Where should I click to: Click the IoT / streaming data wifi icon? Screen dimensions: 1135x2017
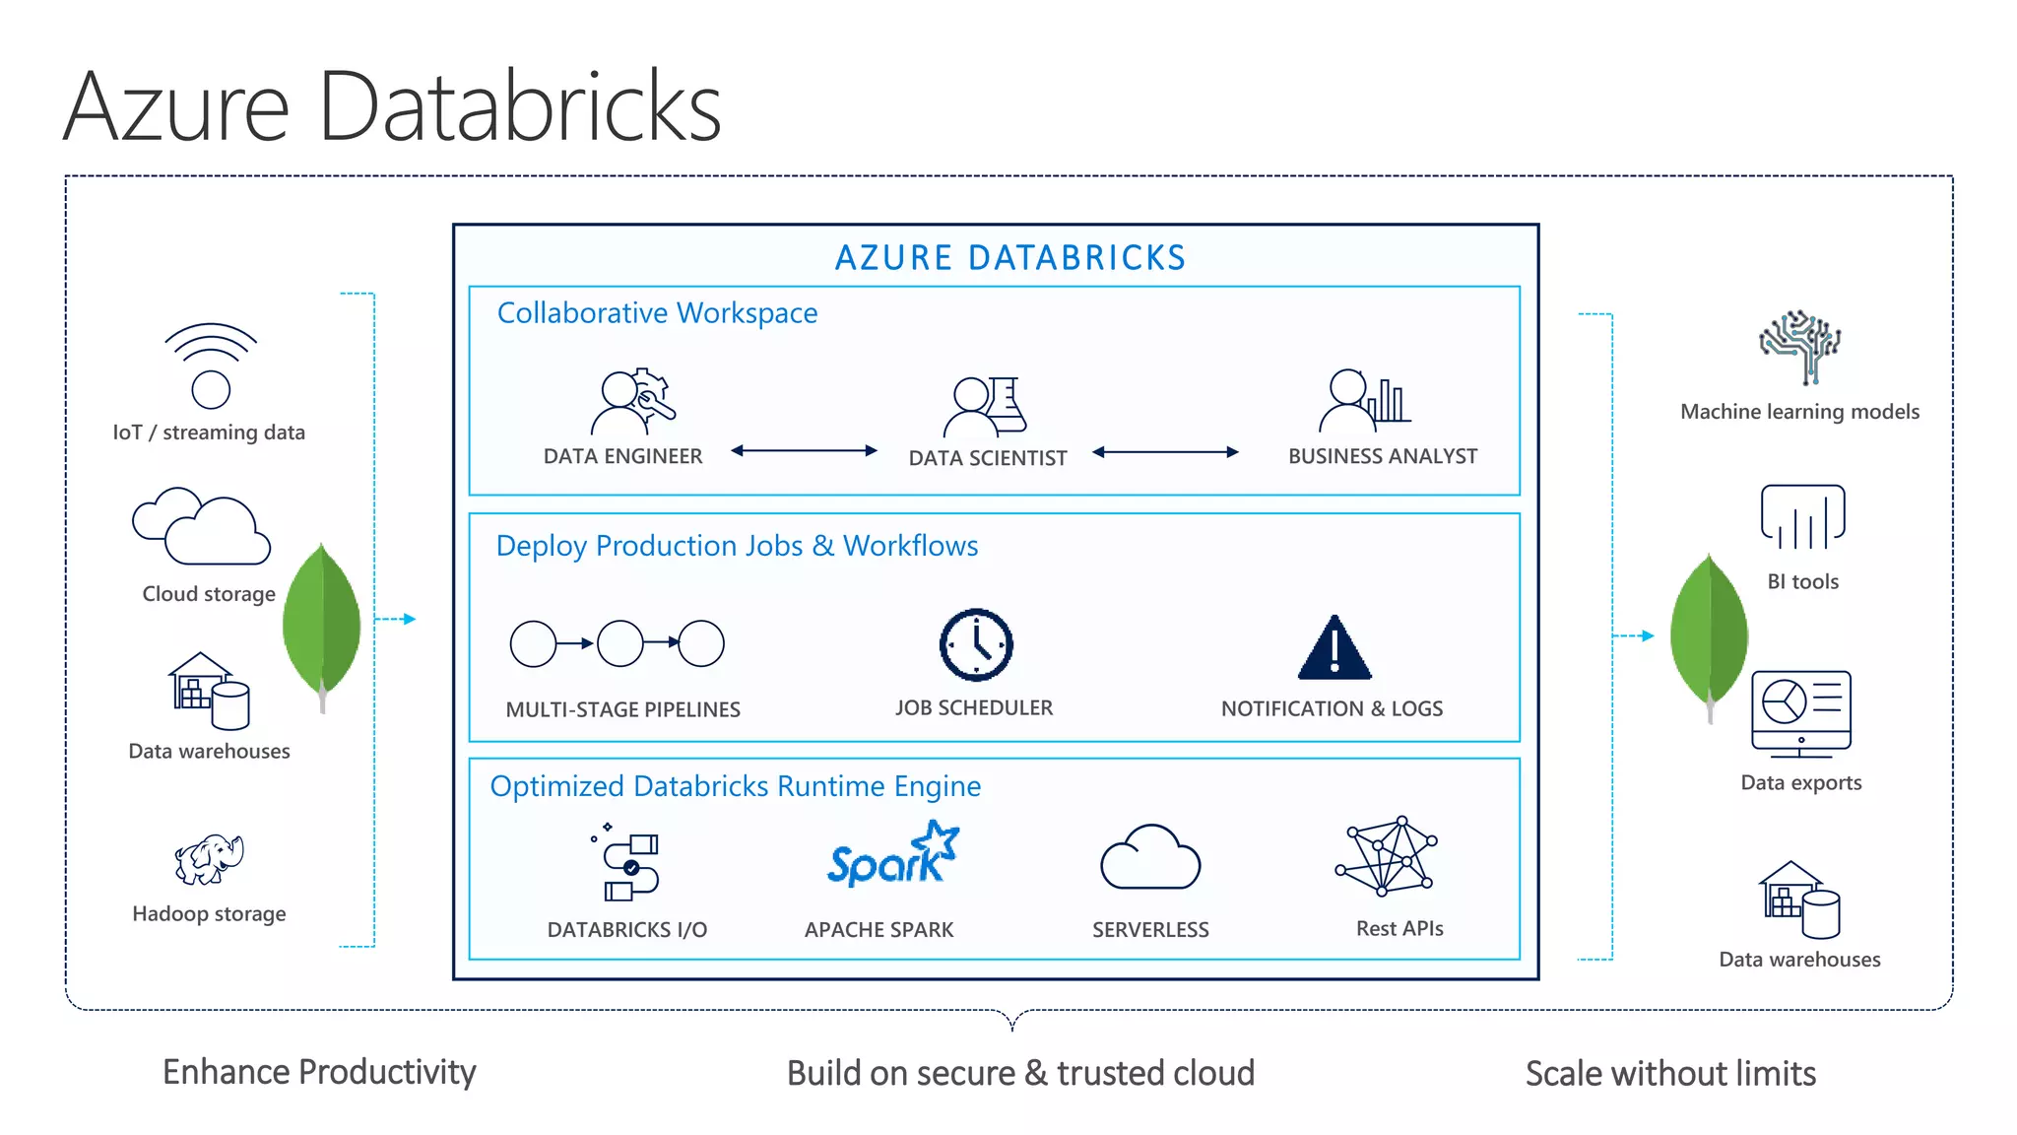211,366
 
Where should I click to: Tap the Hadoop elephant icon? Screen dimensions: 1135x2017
209,859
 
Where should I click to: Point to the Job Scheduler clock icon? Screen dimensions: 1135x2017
975,645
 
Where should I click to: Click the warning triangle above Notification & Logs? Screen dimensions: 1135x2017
1334,650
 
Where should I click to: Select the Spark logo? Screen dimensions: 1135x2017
892,855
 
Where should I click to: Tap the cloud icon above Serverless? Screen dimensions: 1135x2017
1149,859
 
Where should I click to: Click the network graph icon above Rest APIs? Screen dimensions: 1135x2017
1387,855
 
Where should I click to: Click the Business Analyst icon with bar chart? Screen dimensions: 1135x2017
1363,401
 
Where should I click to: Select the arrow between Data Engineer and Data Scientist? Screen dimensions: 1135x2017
804,451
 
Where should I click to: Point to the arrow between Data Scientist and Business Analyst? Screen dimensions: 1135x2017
1165,452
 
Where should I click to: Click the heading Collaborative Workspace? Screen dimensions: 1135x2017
657,313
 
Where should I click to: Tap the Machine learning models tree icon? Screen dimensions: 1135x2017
1800,347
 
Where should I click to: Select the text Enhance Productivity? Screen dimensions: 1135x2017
319,1072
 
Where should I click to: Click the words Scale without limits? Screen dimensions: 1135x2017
1670,1073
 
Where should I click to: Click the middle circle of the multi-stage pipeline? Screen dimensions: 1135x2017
620,643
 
